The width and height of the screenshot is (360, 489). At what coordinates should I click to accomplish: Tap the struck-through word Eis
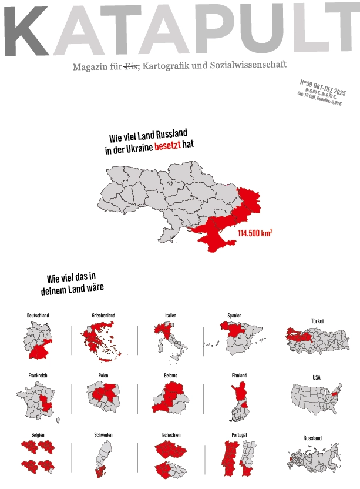[131, 67]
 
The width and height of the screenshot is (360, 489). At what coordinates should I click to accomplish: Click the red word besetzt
[168, 146]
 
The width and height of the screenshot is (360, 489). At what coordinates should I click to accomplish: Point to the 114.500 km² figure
[255, 233]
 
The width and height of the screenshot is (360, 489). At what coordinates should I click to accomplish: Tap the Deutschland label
[38, 316]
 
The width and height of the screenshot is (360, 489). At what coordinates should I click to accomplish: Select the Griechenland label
[103, 316]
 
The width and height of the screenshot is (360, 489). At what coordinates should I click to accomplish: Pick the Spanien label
[234, 316]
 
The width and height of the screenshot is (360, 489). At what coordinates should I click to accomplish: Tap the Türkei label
[317, 321]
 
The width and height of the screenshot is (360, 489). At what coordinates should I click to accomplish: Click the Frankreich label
[38, 376]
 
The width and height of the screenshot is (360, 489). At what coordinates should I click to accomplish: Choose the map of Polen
[103, 396]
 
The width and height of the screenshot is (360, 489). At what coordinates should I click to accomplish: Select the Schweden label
[103, 435]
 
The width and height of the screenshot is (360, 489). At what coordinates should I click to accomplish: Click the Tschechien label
[170, 435]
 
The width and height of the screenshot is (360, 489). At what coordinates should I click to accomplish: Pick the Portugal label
[239, 435]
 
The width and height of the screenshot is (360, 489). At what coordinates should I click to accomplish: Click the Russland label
[312, 438]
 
